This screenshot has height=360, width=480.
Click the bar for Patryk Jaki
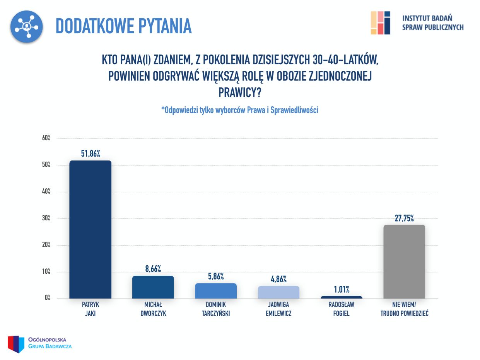point(90,229)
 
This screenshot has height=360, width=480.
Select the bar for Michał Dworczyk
point(153,287)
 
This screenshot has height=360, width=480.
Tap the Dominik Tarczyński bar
point(216,291)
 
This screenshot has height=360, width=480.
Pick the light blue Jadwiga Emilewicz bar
point(278,292)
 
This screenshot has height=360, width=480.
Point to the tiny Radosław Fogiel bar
point(342,297)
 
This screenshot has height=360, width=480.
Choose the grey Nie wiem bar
point(404,261)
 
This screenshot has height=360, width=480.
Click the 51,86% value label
point(91,154)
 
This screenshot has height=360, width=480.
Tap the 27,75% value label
point(404,218)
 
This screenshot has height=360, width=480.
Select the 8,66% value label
point(153,269)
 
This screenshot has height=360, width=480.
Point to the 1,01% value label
point(342,289)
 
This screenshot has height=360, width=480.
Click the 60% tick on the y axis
point(46,138)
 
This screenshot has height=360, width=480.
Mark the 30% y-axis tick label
point(46,218)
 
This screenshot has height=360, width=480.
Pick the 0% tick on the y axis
point(48,298)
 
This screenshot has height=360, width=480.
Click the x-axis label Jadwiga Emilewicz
point(278,309)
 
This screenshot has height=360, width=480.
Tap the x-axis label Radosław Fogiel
point(341,309)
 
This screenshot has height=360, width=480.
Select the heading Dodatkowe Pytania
point(123,26)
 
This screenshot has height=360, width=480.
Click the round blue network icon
point(26,26)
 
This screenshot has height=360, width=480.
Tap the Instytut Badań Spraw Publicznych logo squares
point(380,23)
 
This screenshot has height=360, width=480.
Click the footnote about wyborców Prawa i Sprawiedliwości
point(239,110)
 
